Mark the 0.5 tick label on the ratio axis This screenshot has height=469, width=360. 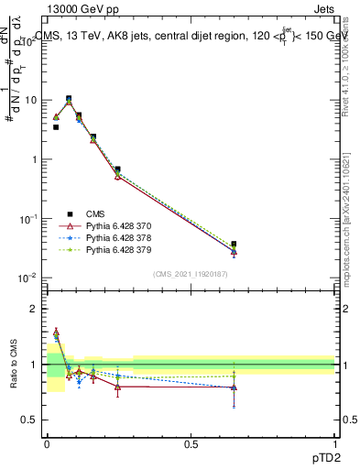click(32, 420)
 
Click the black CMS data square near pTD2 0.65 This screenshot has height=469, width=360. click(234, 245)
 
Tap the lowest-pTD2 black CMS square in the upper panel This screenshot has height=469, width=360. click(56, 127)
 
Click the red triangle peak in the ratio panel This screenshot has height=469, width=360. click(56, 332)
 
